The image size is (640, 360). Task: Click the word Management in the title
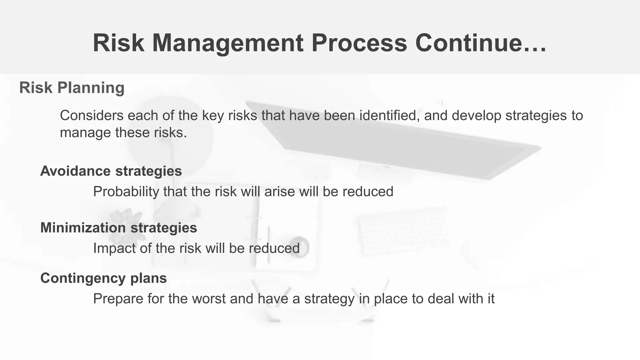pos(228,43)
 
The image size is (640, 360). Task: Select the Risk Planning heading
pos(72,87)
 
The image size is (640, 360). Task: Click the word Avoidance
pos(75,171)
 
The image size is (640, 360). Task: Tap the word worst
pos(208,299)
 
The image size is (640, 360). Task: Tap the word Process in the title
pos(359,43)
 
